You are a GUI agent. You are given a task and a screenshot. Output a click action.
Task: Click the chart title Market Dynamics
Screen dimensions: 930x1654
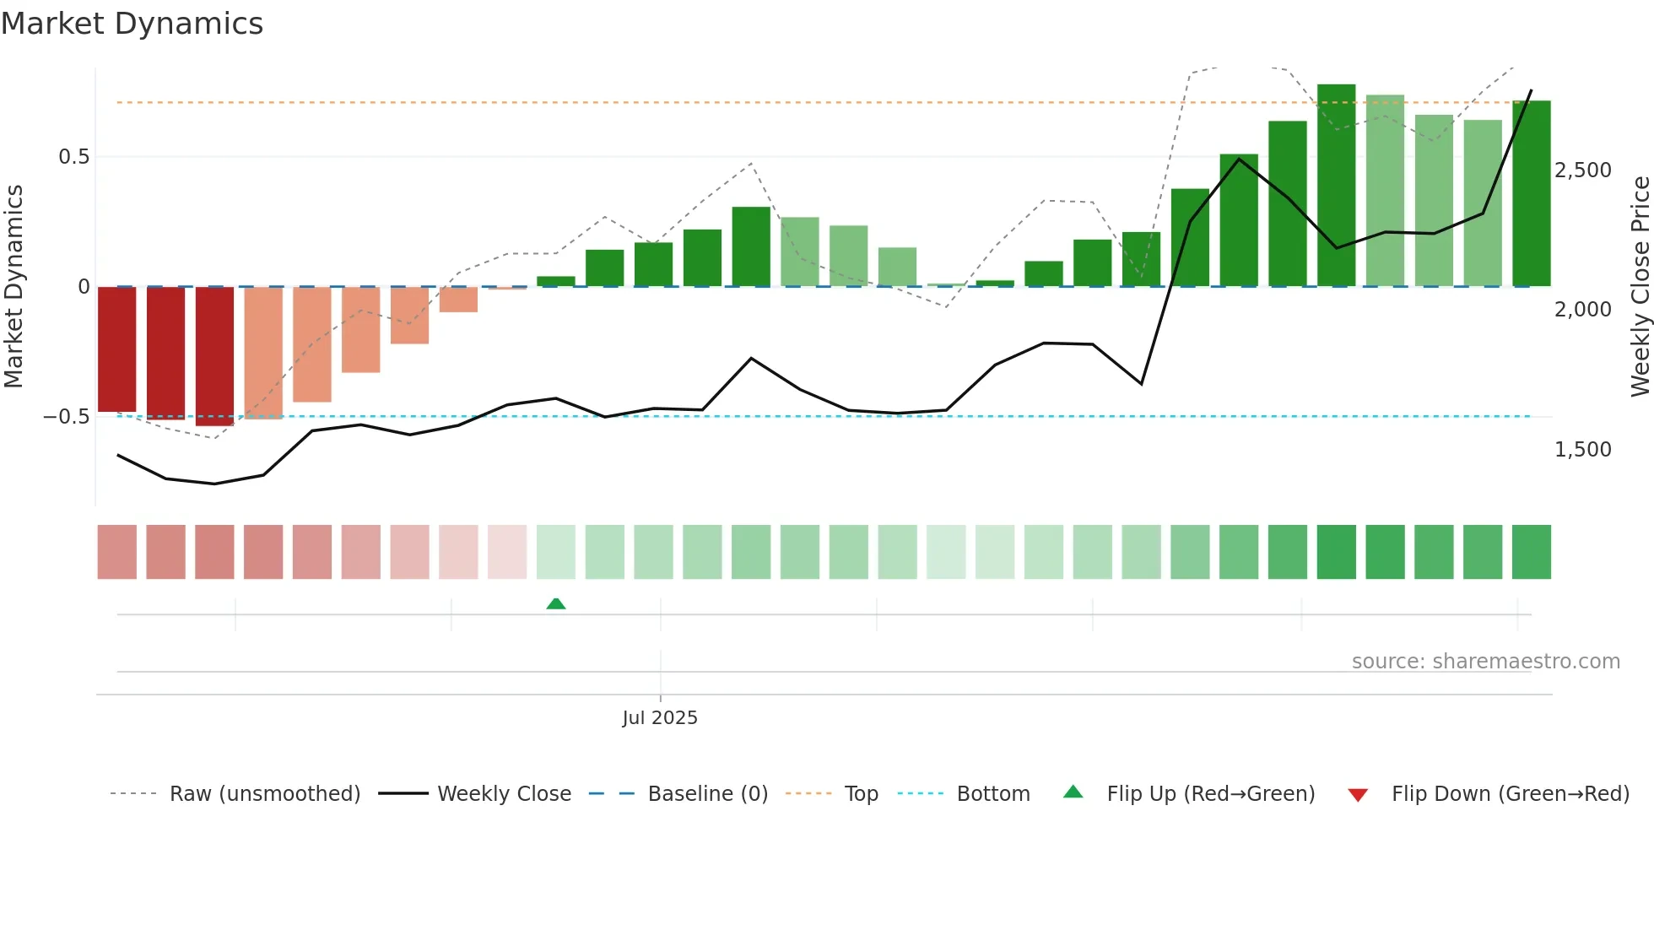[132, 24]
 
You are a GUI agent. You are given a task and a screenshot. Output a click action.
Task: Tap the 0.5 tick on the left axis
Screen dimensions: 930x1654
[73, 157]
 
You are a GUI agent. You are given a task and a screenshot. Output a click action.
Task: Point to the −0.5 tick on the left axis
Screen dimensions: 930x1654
[67, 417]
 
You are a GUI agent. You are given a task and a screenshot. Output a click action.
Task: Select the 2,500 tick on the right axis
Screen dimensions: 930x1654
[1583, 170]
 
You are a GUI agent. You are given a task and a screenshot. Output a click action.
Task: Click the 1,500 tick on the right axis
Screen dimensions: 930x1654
[1583, 450]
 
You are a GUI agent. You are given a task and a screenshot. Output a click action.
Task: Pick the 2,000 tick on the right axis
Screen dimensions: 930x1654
[1583, 310]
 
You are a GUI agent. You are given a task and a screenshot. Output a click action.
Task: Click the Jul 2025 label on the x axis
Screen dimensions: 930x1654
[660, 718]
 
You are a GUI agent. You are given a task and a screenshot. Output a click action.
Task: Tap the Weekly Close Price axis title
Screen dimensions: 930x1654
[1640, 287]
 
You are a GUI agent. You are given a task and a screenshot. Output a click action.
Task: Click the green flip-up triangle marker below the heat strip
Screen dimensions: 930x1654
[556, 604]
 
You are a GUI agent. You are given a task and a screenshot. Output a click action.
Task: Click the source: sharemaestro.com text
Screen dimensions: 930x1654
[1485, 662]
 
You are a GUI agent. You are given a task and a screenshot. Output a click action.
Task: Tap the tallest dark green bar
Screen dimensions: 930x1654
[1337, 186]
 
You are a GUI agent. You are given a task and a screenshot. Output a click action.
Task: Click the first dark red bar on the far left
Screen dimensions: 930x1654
[117, 349]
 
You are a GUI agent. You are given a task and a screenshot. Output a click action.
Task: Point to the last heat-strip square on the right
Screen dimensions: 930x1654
[1532, 552]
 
